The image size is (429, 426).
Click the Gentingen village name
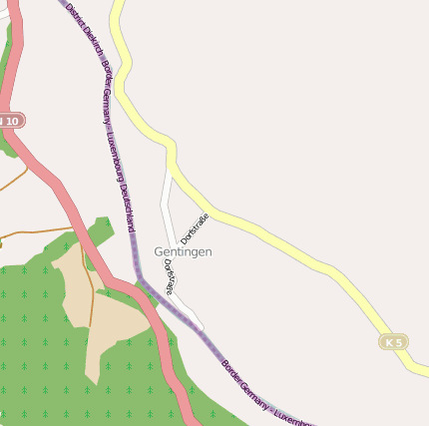click(183, 251)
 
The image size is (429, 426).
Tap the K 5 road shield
click(394, 342)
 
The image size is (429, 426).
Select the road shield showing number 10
click(10, 121)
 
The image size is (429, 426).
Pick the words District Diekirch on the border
click(83, 30)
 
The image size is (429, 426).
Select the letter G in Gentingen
click(159, 251)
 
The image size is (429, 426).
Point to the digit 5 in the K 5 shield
click(399, 342)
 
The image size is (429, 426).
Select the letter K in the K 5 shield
click(388, 342)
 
